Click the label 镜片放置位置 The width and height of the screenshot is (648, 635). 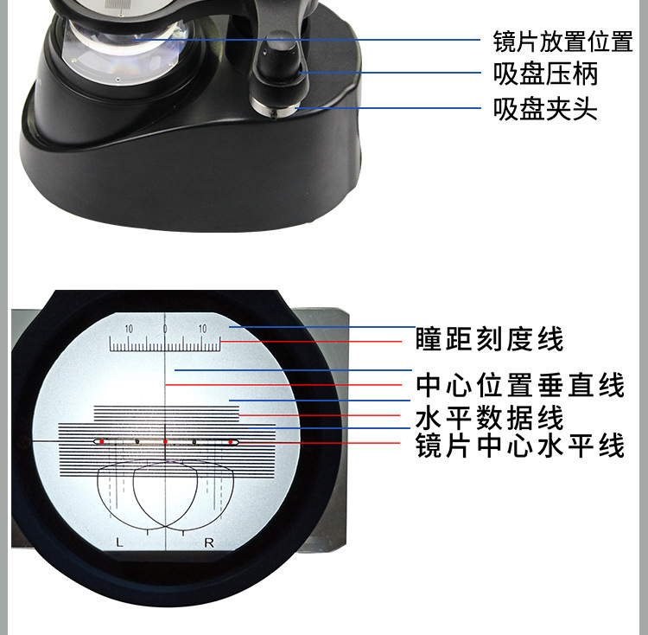(562, 41)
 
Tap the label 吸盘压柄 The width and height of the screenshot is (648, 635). (545, 74)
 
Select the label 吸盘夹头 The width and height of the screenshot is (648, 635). (545, 109)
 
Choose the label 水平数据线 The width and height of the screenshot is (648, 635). (489, 419)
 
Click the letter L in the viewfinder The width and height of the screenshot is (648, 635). (120, 542)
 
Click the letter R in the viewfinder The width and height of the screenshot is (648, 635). (209, 542)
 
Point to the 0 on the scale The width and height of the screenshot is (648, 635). (165, 329)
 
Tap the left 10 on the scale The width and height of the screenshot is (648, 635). (129, 329)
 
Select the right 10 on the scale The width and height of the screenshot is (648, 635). (202, 329)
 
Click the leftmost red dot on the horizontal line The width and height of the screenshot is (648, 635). (101, 442)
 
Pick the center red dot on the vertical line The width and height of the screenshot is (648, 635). (165, 442)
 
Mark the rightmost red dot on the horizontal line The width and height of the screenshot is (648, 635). (231, 442)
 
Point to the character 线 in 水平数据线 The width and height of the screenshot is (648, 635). (551, 419)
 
